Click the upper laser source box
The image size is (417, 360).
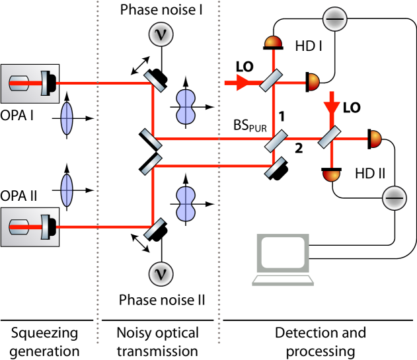tap(30, 83)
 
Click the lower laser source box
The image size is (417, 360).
tap(30, 227)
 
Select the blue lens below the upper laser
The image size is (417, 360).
tap(67, 118)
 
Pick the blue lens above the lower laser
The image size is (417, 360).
tap(67, 190)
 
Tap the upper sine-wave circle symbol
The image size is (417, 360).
tap(161, 34)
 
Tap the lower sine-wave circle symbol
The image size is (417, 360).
tap(161, 273)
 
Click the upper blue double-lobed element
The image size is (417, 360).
tap(186, 106)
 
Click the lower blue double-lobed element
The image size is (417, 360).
tap(186, 203)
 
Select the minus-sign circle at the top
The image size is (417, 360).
tap(334, 19)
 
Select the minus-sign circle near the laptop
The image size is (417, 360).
tap(395, 198)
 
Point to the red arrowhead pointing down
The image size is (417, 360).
tap(332, 108)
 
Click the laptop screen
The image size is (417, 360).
tap(283, 252)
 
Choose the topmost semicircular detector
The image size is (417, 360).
tap(273, 42)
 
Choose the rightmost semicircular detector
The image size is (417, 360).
tap(375, 139)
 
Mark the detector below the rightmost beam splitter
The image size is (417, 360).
tap(332, 175)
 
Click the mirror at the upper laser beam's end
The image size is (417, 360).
tap(154, 82)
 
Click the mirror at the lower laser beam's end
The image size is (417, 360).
tap(154, 228)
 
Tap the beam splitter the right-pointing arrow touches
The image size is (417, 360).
tap(271, 80)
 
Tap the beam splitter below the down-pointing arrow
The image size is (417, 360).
tap(329, 137)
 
